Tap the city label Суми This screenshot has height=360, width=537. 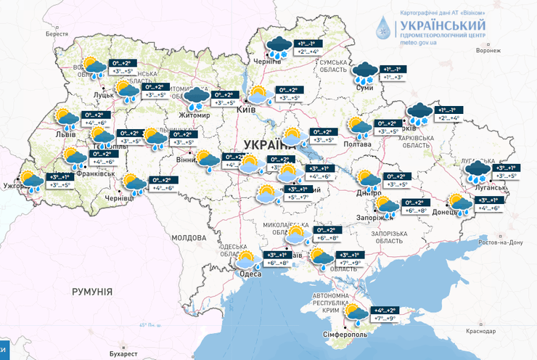[x=366, y=88]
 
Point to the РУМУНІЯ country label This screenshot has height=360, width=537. [x=91, y=291]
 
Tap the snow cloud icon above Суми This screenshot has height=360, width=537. [x=364, y=72]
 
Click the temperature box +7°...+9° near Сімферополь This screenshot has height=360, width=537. [x=385, y=319]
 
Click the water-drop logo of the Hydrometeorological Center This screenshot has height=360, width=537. [x=383, y=28]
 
